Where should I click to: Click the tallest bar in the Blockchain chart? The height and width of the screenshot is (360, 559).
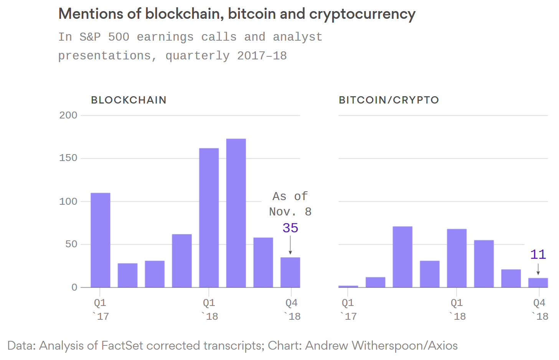point(236,213)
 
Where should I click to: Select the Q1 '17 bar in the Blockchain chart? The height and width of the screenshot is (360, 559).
point(101,240)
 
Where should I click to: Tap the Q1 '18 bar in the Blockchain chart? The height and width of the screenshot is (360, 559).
point(209,218)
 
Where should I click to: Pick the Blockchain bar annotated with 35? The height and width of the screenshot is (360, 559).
point(290,272)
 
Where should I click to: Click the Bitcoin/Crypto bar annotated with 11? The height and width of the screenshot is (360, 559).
point(538,283)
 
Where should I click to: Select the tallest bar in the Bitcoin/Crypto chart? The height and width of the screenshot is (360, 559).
point(402,257)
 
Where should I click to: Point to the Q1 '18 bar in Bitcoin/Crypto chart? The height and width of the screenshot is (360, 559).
point(457,258)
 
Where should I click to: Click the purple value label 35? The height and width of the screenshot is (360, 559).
point(290,228)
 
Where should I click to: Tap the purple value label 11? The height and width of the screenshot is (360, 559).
point(538,255)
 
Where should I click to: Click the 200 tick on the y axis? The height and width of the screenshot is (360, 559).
point(68,115)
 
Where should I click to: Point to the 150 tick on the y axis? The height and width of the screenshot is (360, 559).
point(68,158)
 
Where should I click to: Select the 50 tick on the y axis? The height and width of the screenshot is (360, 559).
point(71,244)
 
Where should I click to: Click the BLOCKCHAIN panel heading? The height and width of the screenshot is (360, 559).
point(129,100)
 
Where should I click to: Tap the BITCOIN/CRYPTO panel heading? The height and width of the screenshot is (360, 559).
point(389,100)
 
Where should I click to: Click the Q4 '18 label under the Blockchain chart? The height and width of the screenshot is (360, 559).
point(292,309)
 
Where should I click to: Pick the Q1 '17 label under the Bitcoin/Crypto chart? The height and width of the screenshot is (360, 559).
point(348,309)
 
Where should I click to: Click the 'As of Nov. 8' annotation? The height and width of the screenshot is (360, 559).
point(290,204)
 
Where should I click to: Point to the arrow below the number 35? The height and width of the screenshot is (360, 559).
point(290,245)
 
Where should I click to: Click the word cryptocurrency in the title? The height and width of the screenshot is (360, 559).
point(362,14)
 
